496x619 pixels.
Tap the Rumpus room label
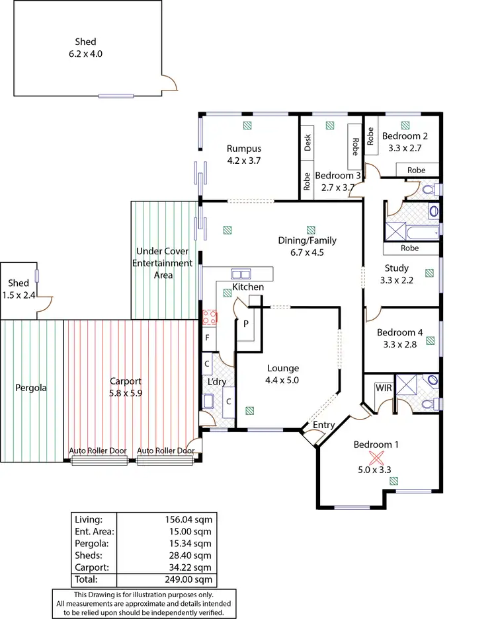244,154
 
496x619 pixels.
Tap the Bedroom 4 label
399,338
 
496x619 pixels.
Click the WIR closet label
384,388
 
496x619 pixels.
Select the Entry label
323,425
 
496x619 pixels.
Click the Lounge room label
283,374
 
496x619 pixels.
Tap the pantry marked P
246,324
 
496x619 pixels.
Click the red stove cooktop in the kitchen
209,316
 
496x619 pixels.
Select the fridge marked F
207,338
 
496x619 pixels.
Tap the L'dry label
217,382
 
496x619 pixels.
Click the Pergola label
31,388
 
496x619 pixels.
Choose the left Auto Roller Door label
98,451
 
